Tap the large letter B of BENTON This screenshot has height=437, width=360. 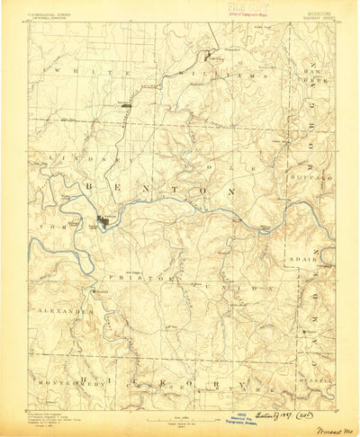(x=92, y=186)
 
